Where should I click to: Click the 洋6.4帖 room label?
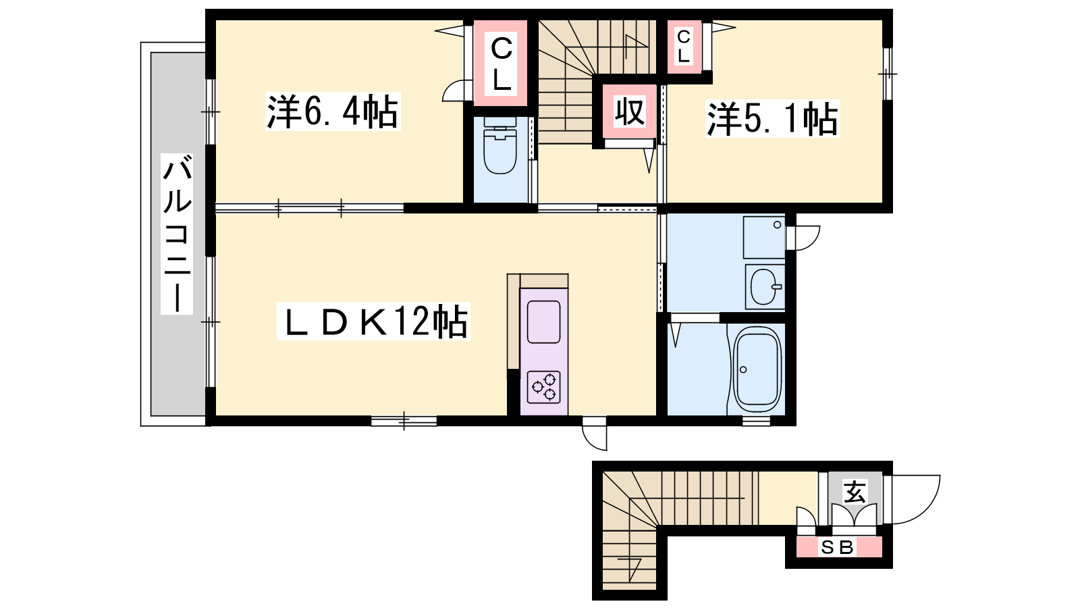333,112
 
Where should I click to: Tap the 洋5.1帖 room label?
772,119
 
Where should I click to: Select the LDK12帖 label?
373,321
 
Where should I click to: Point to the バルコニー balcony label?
177,234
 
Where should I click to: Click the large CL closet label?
501,64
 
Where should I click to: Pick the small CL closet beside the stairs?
683,47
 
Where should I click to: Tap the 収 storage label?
630,111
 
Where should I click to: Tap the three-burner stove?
544,387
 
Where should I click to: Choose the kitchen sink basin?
544,322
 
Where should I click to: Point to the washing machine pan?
764,237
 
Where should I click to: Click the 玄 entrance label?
855,492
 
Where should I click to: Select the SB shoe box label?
838,547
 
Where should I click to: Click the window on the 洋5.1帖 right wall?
888,74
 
